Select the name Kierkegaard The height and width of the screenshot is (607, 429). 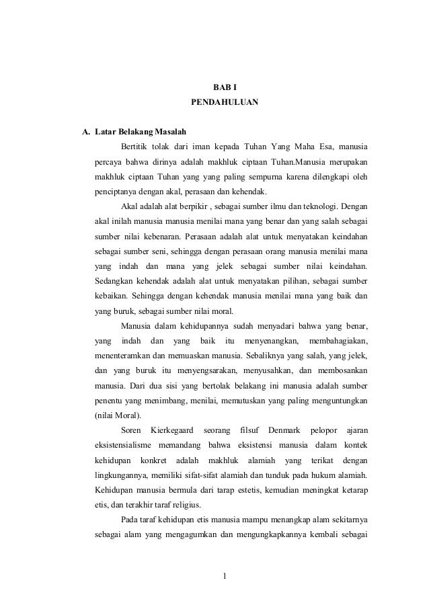coord(172,429)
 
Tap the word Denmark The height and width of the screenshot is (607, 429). coord(286,429)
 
